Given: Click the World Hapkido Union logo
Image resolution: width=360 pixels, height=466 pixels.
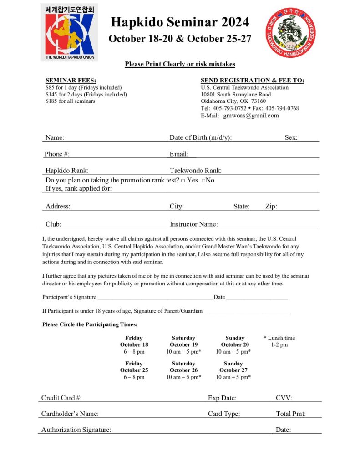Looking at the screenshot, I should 69,32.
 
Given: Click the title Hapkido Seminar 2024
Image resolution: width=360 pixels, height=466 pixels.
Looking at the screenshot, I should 180,22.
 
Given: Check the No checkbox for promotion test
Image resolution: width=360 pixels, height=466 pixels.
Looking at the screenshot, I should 203,181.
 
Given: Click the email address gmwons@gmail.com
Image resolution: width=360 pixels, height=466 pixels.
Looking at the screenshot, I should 251,116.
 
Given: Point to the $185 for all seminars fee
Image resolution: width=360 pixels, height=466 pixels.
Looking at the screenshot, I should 71,101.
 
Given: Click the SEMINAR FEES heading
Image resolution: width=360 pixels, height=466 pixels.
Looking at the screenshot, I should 71,81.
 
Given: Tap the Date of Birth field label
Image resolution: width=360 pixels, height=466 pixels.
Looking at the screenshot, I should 201,137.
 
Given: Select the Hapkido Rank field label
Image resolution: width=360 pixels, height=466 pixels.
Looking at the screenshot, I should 67,171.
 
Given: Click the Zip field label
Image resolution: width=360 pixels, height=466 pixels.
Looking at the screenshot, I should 271,206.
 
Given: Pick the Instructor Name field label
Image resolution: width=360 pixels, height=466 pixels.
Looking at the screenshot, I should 194,224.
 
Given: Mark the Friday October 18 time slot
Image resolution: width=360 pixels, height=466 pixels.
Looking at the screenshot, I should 134,345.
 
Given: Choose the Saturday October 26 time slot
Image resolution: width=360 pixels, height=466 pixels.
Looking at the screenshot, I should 183,370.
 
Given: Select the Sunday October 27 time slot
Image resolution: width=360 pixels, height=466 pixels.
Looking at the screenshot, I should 233,370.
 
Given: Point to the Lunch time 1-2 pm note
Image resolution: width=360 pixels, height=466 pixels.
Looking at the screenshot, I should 279,341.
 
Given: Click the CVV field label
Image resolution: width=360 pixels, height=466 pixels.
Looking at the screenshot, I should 284,398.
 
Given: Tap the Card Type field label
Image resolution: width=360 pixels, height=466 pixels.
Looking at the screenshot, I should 224,414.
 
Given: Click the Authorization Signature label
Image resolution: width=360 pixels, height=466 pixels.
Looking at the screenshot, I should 76,430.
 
